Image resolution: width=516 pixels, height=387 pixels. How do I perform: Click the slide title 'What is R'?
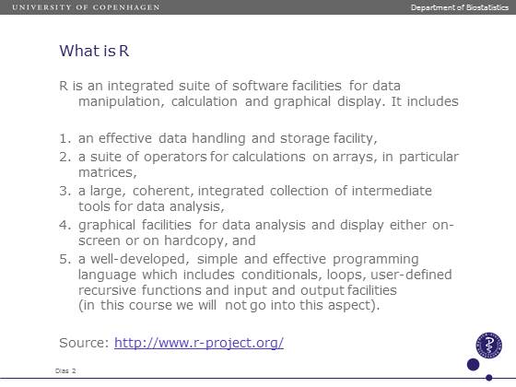94,51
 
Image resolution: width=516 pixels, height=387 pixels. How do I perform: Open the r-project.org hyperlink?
199,343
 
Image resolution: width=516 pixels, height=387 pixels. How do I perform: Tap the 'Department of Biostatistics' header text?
460,7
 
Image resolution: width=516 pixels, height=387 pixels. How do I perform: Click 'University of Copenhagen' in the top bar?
86,7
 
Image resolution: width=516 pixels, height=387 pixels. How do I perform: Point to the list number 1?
64,138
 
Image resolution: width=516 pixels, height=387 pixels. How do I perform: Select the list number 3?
64,191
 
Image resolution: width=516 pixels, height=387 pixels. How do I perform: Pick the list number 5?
64,259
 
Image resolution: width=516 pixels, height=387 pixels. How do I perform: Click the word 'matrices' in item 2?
105,172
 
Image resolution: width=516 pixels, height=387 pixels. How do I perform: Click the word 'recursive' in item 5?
107,290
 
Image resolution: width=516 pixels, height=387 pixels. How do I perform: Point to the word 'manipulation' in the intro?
120,101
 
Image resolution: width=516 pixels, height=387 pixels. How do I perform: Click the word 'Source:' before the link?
84,343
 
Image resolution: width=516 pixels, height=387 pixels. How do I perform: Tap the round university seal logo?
488,346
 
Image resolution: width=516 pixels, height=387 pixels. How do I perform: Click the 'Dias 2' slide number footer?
65,370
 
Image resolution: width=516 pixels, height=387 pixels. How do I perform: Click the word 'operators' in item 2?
175,158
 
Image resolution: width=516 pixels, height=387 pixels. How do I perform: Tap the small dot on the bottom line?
489,378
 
